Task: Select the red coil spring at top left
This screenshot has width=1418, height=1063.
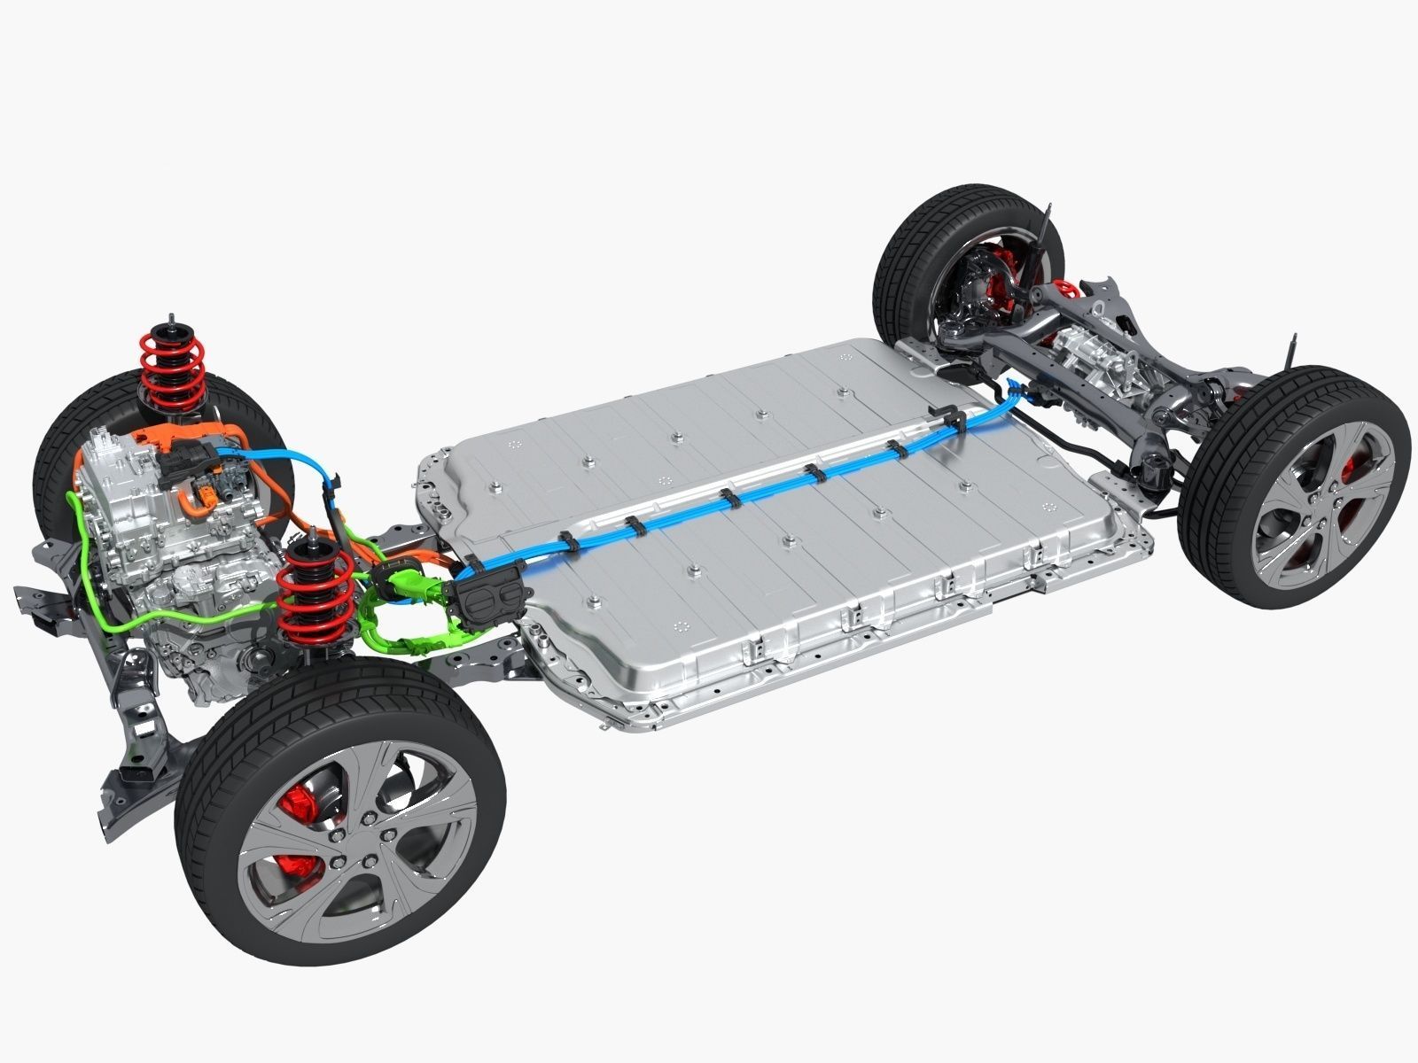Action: click(173, 372)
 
